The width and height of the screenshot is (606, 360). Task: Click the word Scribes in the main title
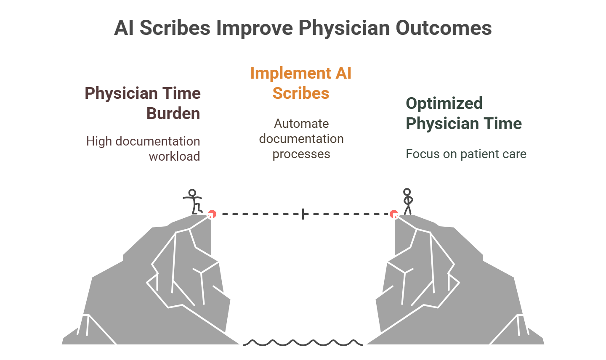[x=175, y=28]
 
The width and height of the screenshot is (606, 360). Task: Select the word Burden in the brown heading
[x=173, y=114]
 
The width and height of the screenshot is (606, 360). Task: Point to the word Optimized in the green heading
[x=444, y=103]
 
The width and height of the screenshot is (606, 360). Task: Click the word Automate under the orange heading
[x=301, y=124]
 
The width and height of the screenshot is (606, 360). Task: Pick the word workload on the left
[x=174, y=156]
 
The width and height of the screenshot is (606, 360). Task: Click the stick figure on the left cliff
[x=193, y=202]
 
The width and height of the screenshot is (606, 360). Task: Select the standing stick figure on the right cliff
[x=407, y=202]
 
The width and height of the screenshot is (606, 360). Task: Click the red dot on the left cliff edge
[x=212, y=214]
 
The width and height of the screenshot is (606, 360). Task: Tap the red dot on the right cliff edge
[x=394, y=214]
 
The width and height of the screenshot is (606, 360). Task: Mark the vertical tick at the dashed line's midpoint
[x=303, y=214]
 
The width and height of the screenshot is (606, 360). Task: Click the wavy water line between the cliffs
[x=303, y=342]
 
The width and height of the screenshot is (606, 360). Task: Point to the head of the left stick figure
[x=192, y=193]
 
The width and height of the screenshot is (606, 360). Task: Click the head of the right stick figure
[x=407, y=192]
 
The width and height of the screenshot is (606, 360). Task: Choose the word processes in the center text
[x=301, y=154]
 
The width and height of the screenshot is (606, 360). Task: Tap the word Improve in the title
[x=254, y=28]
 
